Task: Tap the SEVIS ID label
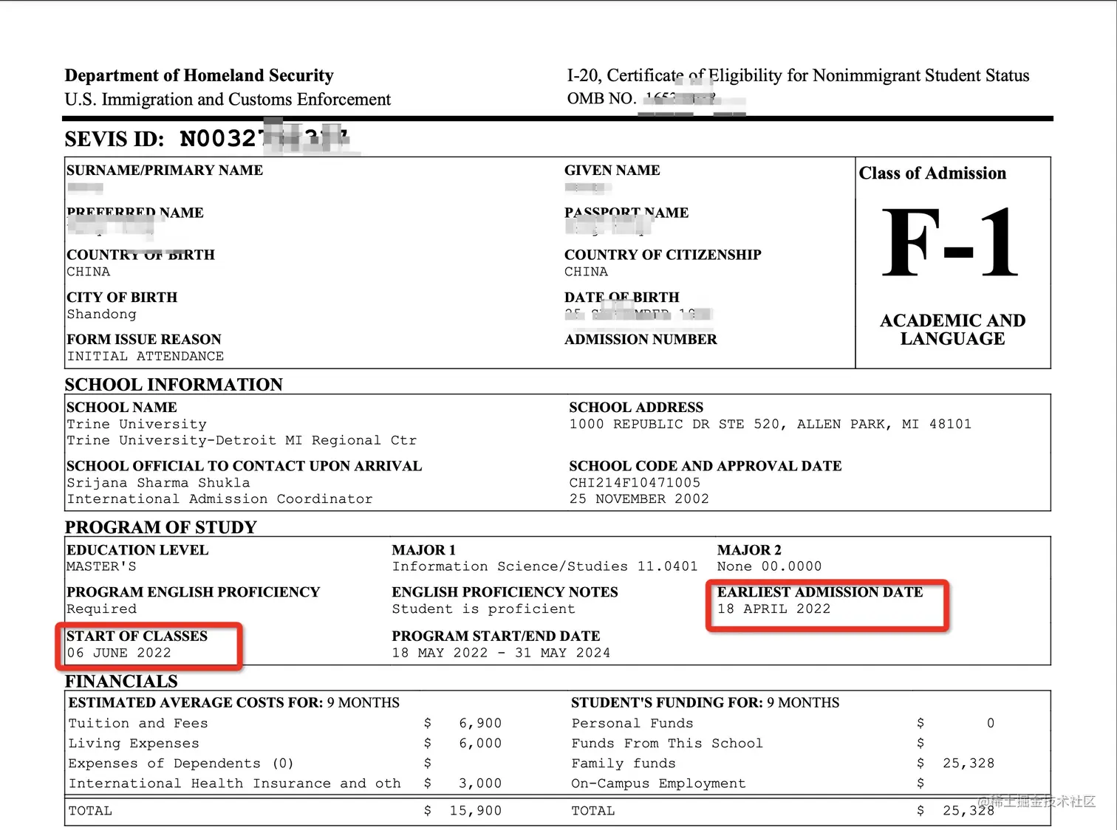[114, 139]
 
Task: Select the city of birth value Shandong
[101, 315]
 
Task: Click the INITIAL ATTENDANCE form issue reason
[145, 357]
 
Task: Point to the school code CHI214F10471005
[634, 483]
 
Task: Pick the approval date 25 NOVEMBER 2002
[638, 499]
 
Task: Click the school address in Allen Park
[770, 425]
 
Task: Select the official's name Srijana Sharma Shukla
[158, 483]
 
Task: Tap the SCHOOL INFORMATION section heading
[174, 385]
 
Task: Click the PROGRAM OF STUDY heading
[160, 527]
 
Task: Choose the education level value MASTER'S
[101, 567]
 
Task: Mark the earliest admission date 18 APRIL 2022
[773, 609]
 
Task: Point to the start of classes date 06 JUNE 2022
[119, 654]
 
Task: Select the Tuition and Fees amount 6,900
[479, 724]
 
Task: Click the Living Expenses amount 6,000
[479, 744]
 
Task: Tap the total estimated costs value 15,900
[475, 811]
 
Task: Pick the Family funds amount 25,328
[968, 764]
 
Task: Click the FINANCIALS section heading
[121, 681]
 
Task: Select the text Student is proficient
[483, 609]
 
